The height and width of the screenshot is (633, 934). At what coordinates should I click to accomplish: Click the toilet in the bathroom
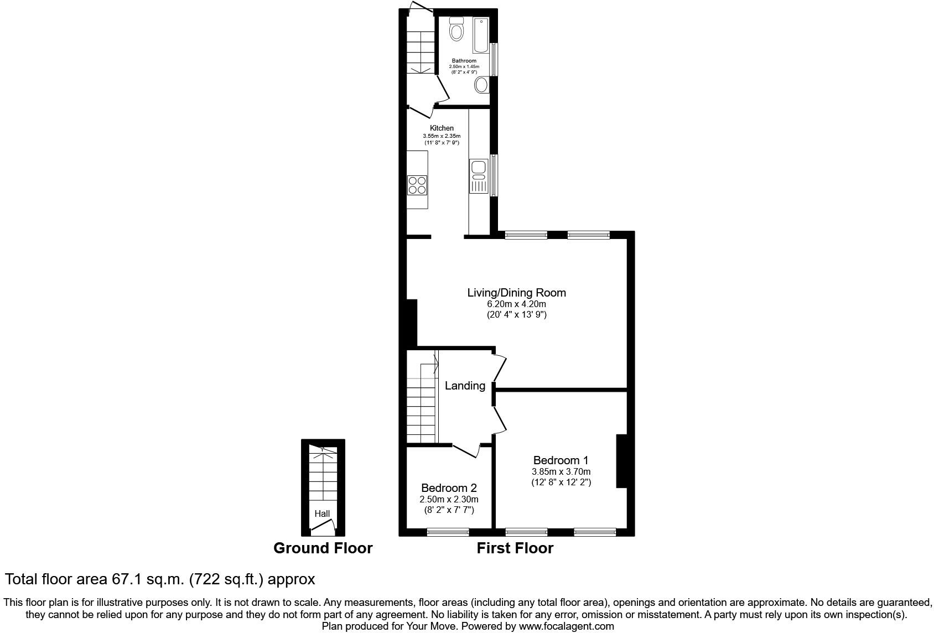click(x=456, y=29)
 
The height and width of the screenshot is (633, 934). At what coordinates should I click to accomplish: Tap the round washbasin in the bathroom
click(x=481, y=85)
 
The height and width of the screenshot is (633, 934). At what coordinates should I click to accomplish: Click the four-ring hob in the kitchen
click(x=417, y=184)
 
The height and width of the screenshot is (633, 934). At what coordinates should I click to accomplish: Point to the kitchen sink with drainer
click(x=478, y=176)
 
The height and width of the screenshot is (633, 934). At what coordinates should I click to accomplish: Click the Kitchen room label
click(x=442, y=128)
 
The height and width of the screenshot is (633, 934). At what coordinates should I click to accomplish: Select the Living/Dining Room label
click(x=516, y=293)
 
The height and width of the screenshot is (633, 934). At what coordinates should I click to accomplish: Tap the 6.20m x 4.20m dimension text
click(x=516, y=304)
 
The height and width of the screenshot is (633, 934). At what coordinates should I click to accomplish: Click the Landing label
click(x=465, y=386)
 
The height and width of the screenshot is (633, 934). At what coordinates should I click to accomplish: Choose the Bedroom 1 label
click(x=561, y=460)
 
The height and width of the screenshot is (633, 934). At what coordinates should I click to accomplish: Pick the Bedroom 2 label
click(x=449, y=488)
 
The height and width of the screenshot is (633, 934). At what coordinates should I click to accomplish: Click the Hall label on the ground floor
click(x=322, y=513)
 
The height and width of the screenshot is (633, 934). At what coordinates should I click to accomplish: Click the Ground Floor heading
click(x=323, y=548)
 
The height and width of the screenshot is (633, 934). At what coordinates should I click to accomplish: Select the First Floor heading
click(x=515, y=548)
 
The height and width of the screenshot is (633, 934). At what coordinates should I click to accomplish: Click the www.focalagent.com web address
click(x=566, y=626)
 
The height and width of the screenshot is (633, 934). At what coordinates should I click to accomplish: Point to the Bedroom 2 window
click(x=448, y=532)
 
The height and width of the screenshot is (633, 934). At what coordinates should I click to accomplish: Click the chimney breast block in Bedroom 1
click(x=621, y=461)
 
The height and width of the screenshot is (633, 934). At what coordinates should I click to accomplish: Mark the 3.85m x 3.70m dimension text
click(x=561, y=472)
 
